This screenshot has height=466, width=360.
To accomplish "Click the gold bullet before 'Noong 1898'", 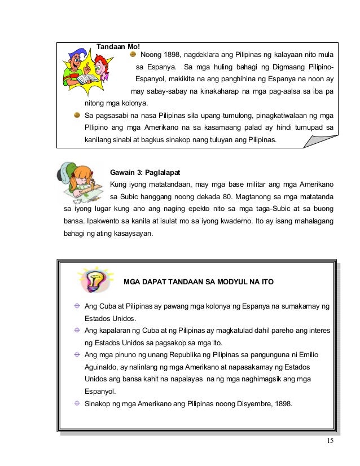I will click(x=133, y=54).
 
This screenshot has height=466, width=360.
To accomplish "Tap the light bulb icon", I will click(x=93, y=279).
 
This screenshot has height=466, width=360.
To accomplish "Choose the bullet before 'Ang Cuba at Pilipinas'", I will click(x=77, y=306).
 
